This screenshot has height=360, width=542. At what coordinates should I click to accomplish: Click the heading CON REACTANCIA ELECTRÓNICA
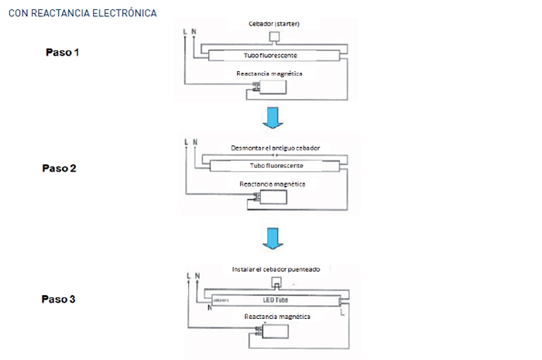click(82, 14)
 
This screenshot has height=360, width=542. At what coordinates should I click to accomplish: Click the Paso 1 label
click(62, 53)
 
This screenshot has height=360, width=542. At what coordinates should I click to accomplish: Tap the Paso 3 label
click(59, 299)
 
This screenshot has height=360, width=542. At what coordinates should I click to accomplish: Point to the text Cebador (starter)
click(273, 24)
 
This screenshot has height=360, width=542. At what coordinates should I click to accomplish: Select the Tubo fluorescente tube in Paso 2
click(275, 166)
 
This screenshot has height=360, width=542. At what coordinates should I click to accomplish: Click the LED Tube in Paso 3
click(275, 299)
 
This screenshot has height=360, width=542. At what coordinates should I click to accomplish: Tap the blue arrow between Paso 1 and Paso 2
click(272, 118)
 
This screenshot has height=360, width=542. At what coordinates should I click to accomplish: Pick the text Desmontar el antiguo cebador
click(276, 148)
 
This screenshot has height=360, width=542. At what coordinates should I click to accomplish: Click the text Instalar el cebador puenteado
click(276, 269)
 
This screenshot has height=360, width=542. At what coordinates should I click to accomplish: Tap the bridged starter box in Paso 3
click(276, 281)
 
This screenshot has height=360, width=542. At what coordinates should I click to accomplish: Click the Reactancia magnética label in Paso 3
click(277, 317)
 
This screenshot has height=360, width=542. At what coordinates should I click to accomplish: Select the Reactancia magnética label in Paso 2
click(273, 184)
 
